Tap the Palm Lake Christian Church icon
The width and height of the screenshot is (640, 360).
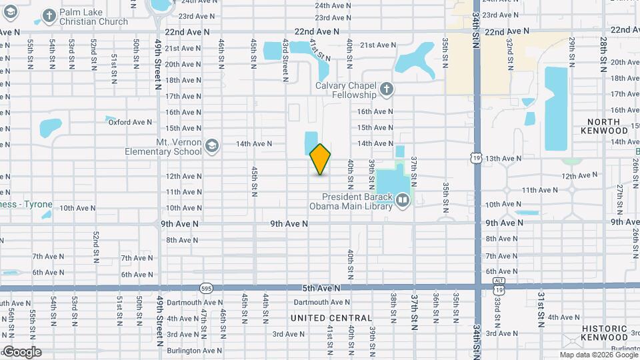[x=49, y=15]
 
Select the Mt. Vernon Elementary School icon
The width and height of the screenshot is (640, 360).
[x=211, y=146]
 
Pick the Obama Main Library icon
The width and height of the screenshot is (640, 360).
[x=403, y=200]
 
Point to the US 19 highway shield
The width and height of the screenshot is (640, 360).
[x=475, y=158]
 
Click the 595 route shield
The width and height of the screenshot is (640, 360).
[x=205, y=288]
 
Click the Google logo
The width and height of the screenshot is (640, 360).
[x=21, y=352]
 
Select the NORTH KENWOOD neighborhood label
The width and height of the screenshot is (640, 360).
[x=604, y=126]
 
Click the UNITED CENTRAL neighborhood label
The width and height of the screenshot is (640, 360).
[x=331, y=318]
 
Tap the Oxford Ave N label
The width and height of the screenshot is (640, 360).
[x=130, y=121]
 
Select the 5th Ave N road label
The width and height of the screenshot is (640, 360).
[x=321, y=288]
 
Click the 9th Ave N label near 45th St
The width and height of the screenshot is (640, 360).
[x=289, y=224]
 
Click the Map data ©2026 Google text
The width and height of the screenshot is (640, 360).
[x=598, y=355]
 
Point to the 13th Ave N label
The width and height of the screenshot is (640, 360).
[x=503, y=159]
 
